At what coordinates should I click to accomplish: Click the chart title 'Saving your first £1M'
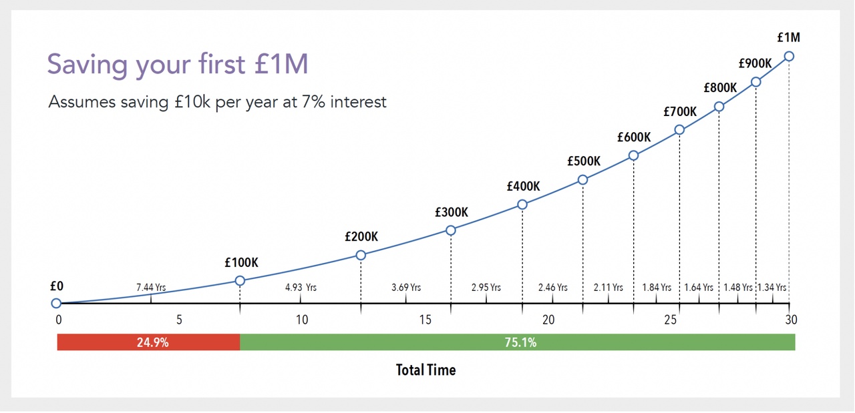(178, 65)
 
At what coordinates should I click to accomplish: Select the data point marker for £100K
(240, 281)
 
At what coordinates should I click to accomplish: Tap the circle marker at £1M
(789, 56)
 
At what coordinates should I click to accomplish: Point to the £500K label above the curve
(584, 161)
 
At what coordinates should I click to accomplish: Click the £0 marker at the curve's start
(56, 304)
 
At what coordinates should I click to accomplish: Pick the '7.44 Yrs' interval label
(151, 288)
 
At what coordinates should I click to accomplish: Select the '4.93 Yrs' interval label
(301, 288)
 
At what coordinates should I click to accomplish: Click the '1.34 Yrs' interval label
(773, 288)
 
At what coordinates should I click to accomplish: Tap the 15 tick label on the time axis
(425, 320)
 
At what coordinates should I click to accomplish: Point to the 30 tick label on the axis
(791, 320)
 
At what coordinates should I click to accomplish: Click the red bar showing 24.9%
(148, 342)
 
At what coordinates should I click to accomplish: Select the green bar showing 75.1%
(518, 342)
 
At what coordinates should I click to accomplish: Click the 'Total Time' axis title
(425, 370)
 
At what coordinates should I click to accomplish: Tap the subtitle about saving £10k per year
(218, 102)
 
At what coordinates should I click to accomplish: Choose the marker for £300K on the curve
(451, 230)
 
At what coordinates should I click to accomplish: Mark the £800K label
(720, 88)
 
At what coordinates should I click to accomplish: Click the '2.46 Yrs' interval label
(552, 288)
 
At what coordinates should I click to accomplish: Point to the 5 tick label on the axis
(180, 320)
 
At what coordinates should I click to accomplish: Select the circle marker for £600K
(633, 155)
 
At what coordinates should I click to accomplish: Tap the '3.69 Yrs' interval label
(406, 288)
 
